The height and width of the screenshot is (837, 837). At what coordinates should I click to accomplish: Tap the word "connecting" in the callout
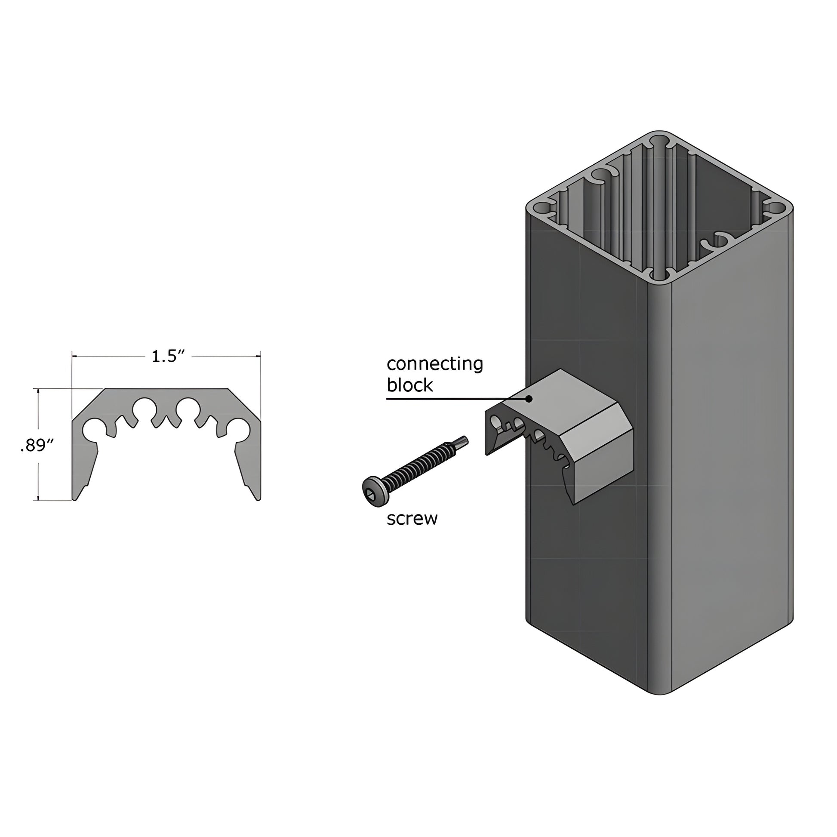point(434,364)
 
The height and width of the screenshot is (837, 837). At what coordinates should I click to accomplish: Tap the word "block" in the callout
point(409,385)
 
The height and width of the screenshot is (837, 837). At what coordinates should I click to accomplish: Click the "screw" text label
point(412,519)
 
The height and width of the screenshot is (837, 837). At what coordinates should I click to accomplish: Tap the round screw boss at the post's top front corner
point(659,276)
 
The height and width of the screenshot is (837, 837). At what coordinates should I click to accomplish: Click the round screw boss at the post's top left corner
point(539,209)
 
